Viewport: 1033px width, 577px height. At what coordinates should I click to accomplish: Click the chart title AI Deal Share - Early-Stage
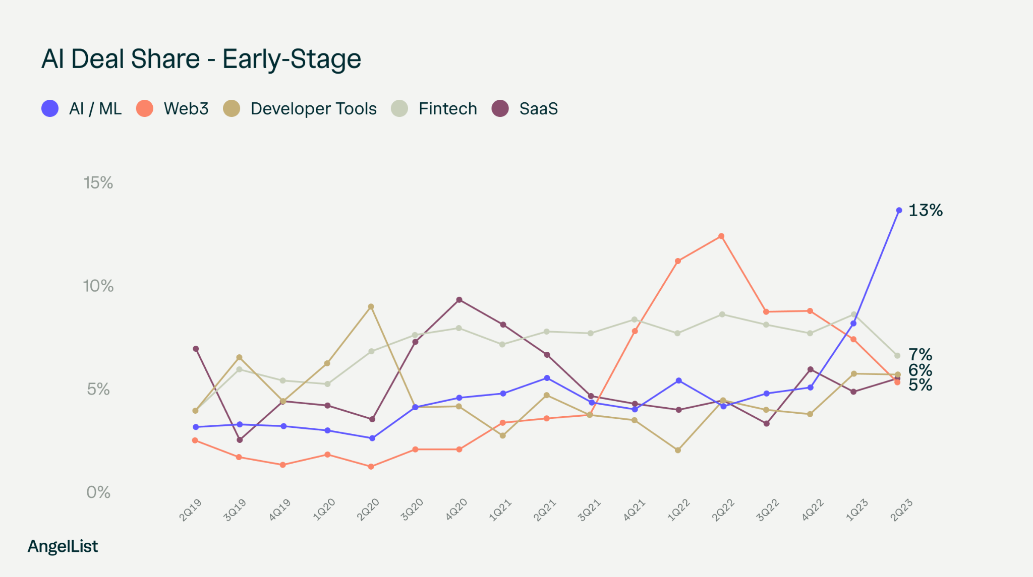point(201,59)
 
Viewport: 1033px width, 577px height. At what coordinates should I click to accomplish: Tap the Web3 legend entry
point(173,108)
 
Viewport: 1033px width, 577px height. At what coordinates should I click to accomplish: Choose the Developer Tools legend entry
point(300,108)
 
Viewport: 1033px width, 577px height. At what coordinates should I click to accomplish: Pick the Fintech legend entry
point(434,108)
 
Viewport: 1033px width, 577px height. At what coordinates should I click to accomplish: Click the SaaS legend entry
point(525,108)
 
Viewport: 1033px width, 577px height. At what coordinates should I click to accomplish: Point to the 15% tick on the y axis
point(98,182)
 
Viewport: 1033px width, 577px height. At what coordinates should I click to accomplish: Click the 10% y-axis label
point(98,286)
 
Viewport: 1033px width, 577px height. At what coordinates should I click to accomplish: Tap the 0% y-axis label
point(98,492)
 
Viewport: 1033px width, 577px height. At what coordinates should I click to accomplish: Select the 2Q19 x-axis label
point(191,509)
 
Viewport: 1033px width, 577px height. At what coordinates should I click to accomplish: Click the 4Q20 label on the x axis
point(456,509)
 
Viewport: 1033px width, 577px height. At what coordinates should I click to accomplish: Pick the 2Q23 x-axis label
point(901,509)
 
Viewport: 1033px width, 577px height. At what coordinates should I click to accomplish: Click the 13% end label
point(925,210)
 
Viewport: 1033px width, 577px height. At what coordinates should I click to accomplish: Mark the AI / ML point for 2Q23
point(899,210)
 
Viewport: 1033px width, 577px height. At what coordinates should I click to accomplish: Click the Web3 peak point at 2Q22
point(721,236)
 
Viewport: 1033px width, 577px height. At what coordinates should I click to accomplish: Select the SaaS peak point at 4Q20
point(459,300)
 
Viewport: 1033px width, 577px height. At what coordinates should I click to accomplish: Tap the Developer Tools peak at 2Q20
point(371,306)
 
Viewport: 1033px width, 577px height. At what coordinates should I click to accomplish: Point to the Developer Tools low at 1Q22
point(678,450)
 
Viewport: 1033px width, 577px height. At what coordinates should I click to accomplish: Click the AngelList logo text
point(63,546)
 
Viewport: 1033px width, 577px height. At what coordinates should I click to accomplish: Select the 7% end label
point(920,355)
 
